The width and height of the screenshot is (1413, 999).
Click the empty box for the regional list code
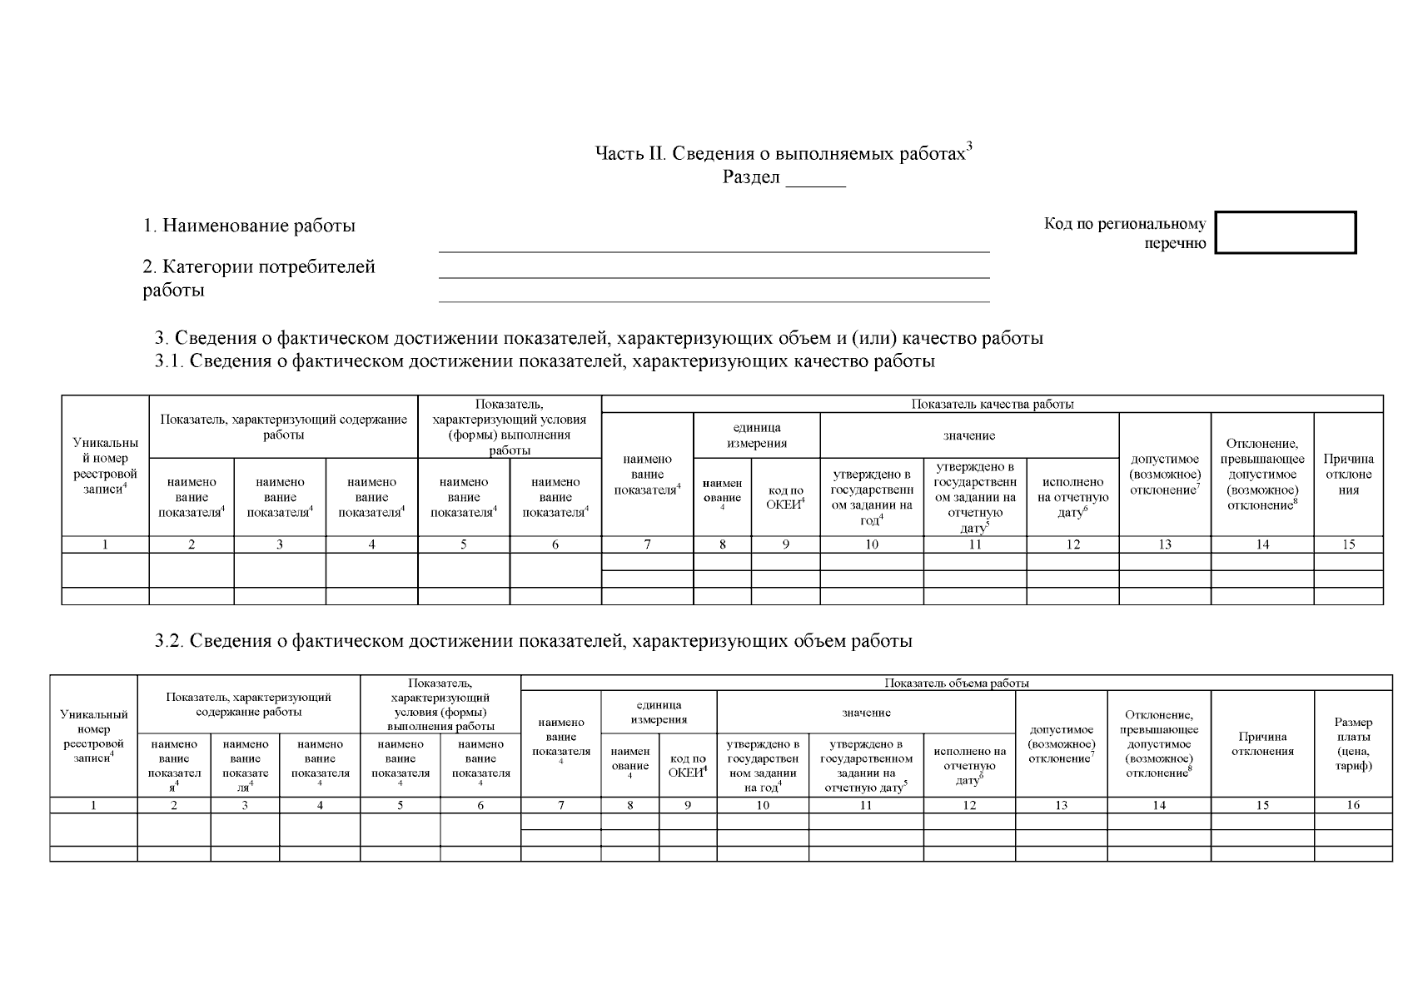pos(1285,232)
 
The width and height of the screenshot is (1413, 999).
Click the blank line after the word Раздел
pos(815,179)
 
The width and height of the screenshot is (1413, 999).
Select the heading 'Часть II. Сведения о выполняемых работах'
pos(783,154)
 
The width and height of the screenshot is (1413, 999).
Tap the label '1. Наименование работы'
pos(249,226)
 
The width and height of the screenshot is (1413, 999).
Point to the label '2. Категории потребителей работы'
pos(259,278)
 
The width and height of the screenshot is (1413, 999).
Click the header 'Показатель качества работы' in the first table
pos(992,405)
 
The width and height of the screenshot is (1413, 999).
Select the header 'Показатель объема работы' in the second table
pos(956,683)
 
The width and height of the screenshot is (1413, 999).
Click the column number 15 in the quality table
pos(1348,544)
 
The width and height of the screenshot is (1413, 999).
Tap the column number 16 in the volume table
pos(1353,805)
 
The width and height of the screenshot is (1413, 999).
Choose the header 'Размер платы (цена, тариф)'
pos(1353,744)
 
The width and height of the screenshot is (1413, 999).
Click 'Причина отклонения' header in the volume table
pos(1261,743)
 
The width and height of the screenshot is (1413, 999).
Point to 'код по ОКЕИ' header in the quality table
pos(785,497)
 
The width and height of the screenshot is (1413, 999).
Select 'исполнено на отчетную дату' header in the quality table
pos(1072,497)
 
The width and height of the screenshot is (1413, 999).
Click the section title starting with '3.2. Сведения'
pos(533,641)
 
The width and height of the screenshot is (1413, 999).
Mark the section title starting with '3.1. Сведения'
pos(545,361)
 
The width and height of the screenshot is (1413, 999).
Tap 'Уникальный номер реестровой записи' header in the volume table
pos(93,736)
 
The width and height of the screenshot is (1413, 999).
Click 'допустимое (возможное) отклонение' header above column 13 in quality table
pos(1164,475)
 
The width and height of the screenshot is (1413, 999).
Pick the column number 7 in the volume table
pos(561,805)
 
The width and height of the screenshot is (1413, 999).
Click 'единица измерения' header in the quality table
pos(756,435)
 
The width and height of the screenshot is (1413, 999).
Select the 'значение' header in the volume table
pos(866,713)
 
